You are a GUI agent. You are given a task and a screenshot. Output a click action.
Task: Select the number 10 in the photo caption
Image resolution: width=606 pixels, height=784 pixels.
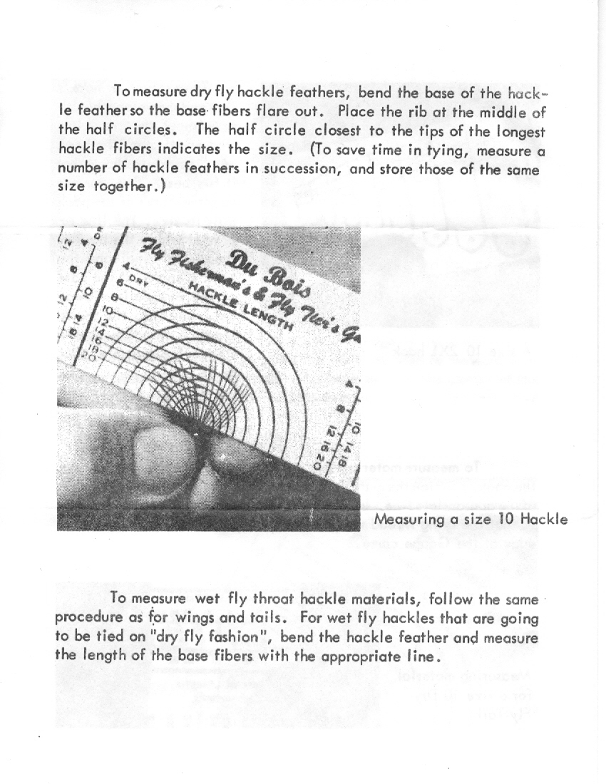pyautogui.click(x=505, y=519)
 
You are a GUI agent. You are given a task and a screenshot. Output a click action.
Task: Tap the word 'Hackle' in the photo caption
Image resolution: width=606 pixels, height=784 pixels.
pyautogui.click(x=544, y=519)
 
